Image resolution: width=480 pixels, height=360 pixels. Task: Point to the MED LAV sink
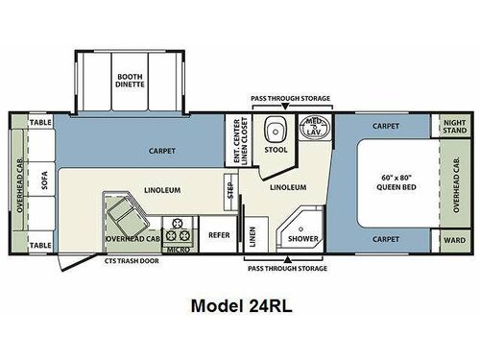[x=314, y=129]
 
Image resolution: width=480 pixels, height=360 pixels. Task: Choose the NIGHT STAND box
[x=454, y=128]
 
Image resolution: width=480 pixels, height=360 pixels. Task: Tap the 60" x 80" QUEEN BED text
[x=393, y=182]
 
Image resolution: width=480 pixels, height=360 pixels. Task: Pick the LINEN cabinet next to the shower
[x=252, y=234]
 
